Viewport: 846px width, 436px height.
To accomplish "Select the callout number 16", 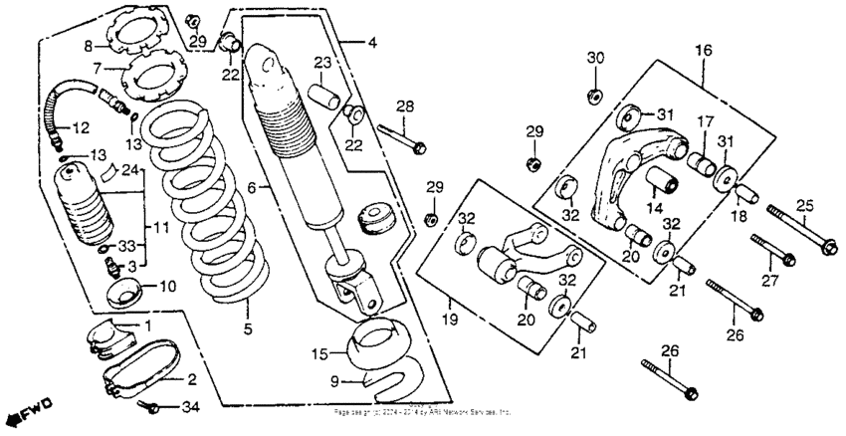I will click(x=703, y=49).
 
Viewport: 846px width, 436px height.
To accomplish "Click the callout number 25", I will click(x=804, y=205).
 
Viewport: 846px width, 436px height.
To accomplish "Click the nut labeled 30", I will click(x=592, y=96).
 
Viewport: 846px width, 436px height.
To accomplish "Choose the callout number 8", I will click(x=88, y=47).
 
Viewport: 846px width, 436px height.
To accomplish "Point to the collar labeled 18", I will click(x=746, y=193).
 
